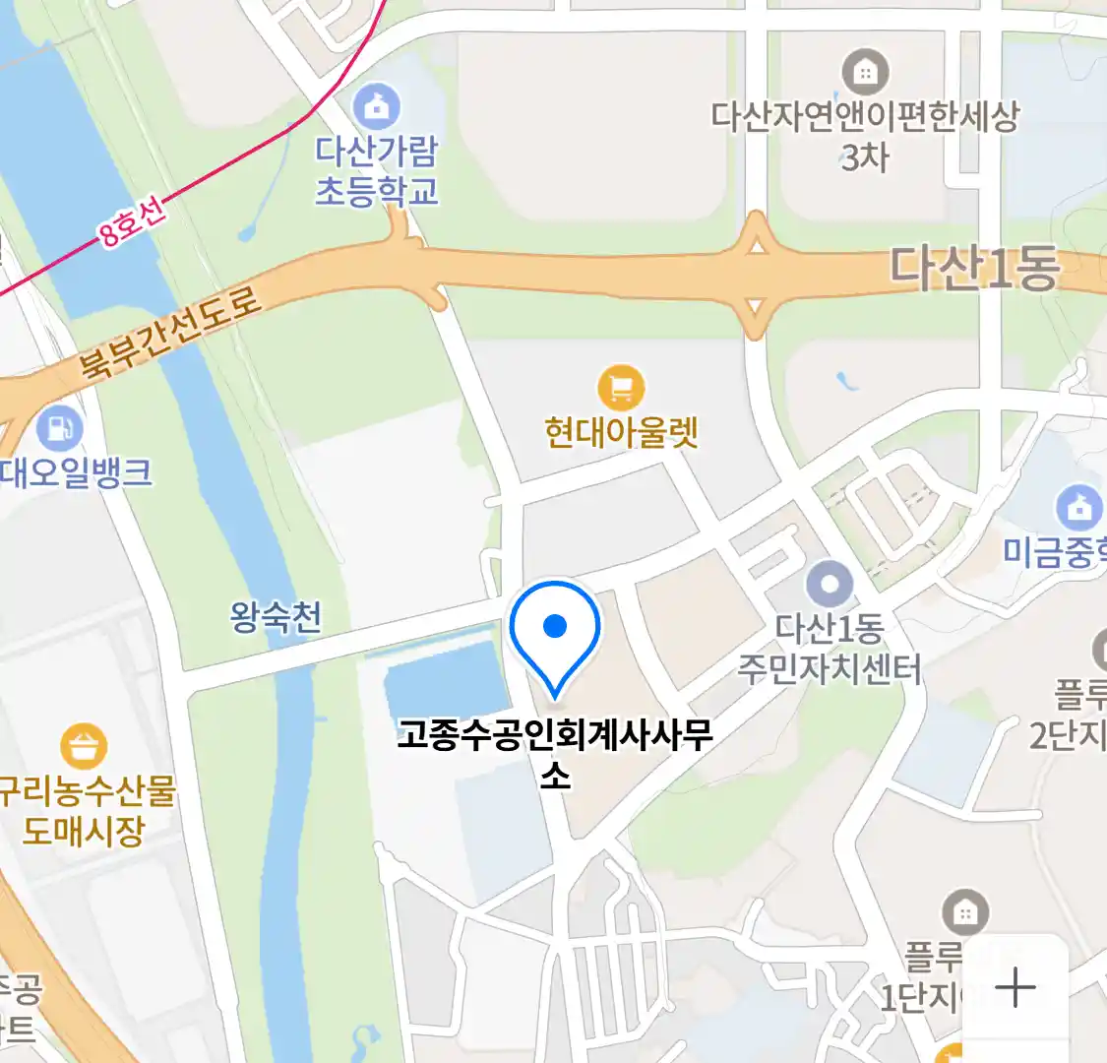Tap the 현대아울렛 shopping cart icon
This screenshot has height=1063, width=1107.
(621, 389)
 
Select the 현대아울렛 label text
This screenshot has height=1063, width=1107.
(621, 432)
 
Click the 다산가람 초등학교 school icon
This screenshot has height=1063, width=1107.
(376, 104)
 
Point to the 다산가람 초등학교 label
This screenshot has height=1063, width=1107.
(376, 170)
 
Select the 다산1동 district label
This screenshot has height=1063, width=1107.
(974, 268)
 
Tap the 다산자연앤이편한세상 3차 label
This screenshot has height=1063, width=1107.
(865, 136)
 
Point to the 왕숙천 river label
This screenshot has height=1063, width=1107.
(276, 617)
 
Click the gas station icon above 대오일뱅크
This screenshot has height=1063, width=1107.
(59, 428)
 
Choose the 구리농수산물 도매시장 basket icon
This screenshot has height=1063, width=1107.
(84, 747)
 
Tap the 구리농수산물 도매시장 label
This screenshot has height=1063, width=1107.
(87, 810)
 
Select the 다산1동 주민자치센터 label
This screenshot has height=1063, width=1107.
(830, 649)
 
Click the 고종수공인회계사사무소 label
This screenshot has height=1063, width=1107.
(555, 751)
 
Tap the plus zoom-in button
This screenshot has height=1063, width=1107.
(1015, 987)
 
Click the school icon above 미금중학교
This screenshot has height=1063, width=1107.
(1079, 508)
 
